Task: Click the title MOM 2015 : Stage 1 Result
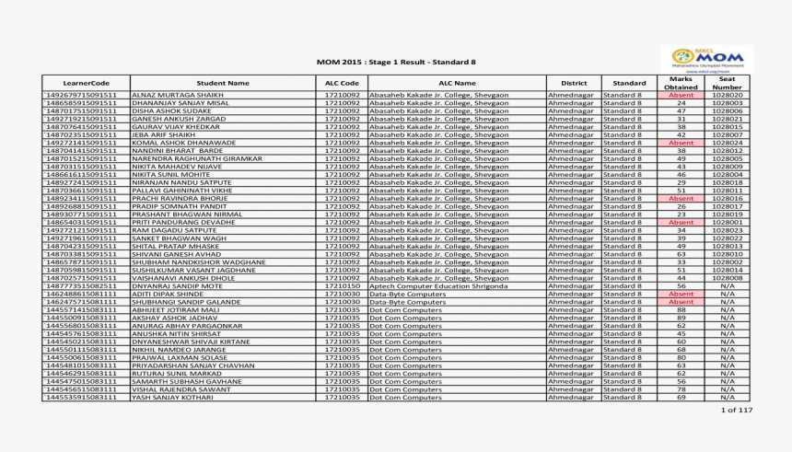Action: click(396, 62)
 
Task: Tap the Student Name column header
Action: click(223, 83)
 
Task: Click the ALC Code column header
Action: click(342, 83)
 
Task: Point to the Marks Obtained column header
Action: click(681, 83)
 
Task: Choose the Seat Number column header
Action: click(727, 83)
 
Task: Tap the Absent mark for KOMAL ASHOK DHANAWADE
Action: click(681, 144)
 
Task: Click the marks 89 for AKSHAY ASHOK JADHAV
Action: click(681, 318)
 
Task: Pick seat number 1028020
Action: click(727, 96)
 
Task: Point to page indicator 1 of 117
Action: click(736, 410)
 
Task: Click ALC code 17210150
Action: click(342, 286)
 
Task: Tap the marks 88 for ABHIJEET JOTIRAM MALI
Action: click(681, 310)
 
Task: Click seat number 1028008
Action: click(727, 278)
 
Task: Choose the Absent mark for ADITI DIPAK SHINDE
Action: click(681, 294)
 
